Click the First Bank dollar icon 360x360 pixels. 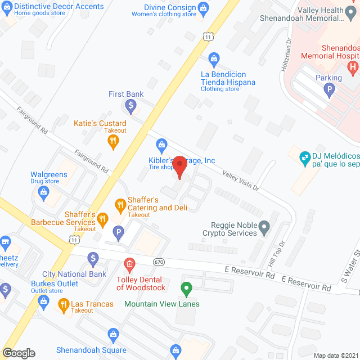click(130, 105)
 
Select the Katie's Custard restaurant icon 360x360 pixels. click(113, 142)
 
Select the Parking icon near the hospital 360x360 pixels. click(329, 89)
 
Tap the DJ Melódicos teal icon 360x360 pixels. click(304, 156)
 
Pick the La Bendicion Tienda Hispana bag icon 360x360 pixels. click(214, 58)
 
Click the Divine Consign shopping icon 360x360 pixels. click(204, 7)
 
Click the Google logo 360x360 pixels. click(18, 353)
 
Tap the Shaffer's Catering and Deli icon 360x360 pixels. click(119, 204)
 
